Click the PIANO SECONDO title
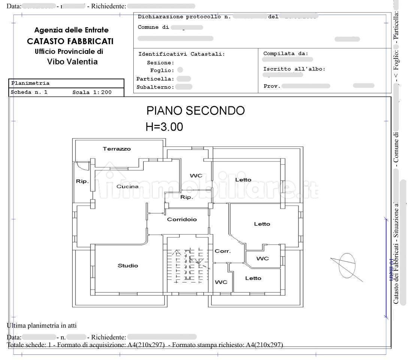point(195,111)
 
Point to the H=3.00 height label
point(164,127)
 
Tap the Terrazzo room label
point(117,149)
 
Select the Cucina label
point(127,186)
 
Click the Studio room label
point(128,266)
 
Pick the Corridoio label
point(182,220)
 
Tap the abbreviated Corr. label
point(222,251)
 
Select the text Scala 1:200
point(92,92)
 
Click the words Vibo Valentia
point(72,62)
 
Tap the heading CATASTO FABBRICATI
point(70,42)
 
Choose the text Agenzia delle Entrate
point(71,30)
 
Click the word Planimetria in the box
point(30,83)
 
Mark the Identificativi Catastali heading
point(182,54)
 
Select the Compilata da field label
point(285,54)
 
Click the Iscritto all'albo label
point(294,69)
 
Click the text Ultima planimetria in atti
point(42,326)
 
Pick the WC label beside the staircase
point(221,282)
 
